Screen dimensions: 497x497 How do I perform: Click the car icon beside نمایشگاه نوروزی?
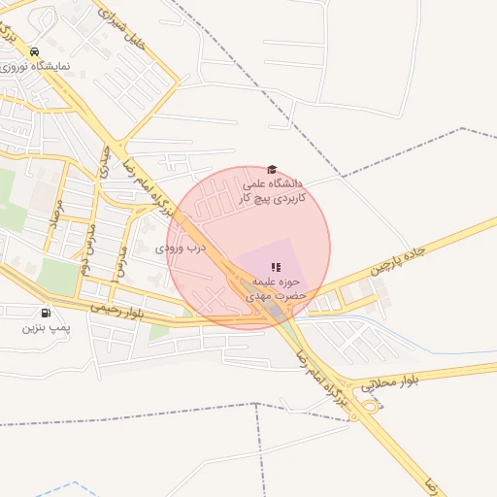tap(34, 52)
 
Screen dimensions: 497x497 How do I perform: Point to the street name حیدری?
tap(104, 162)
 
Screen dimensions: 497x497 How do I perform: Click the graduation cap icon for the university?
tap(272, 169)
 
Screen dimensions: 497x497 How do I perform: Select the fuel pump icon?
tap(46, 313)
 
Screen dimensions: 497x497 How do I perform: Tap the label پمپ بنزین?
tap(46, 328)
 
